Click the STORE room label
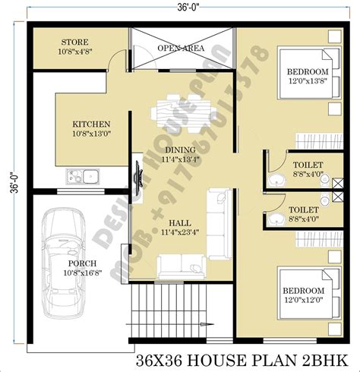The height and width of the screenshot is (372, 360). [x=74, y=43]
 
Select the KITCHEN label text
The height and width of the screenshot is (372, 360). [x=91, y=124]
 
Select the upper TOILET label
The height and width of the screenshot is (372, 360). [x=307, y=164]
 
